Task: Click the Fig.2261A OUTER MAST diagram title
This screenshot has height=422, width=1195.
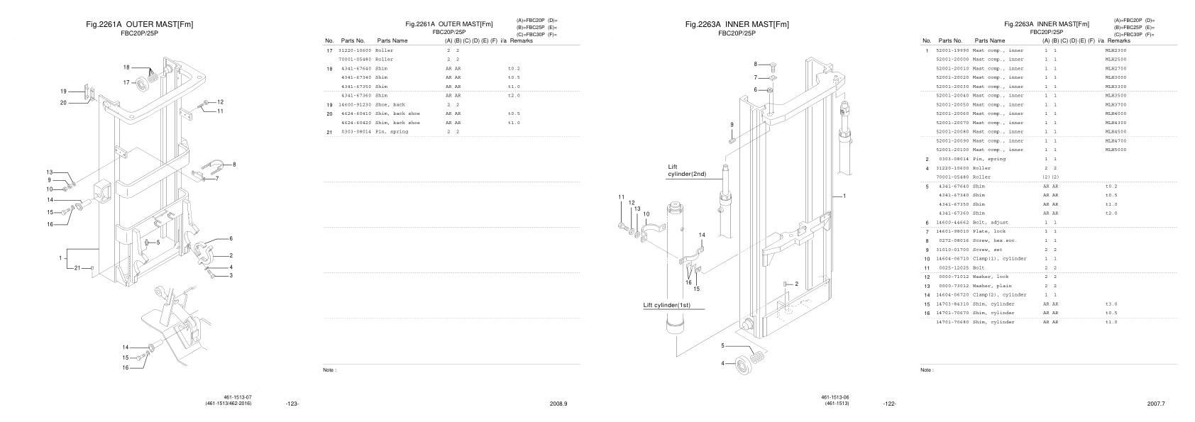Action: (x=139, y=24)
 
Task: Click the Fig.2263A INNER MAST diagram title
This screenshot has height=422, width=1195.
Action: (x=737, y=24)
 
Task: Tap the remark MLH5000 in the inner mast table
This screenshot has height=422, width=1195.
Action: (x=1116, y=150)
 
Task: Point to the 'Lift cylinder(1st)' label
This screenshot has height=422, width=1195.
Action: (x=666, y=306)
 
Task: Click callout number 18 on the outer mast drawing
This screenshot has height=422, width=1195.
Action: (x=126, y=67)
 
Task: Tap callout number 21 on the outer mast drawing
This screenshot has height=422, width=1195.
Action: (x=78, y=267)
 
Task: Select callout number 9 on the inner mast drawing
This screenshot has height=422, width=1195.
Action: (x=732, y=124)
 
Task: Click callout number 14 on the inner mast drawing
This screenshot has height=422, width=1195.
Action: (x=702, y=235)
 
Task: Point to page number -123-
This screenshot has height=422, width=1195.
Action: (x=292, y=404)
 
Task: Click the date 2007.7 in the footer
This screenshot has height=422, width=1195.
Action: (x=1156, y=404)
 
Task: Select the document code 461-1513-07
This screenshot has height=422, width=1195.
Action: (x=238, y=397)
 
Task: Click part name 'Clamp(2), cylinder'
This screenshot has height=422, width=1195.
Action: (x=999, y=294)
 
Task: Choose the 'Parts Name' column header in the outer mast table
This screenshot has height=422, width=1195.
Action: (x=392, y=41)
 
